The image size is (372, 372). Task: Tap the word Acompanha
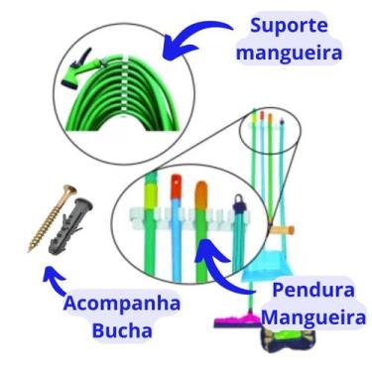(x=121, y=304)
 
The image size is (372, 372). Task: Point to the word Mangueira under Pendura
(x=312, y=318)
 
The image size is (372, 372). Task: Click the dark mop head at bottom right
(x=288, y=342)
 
